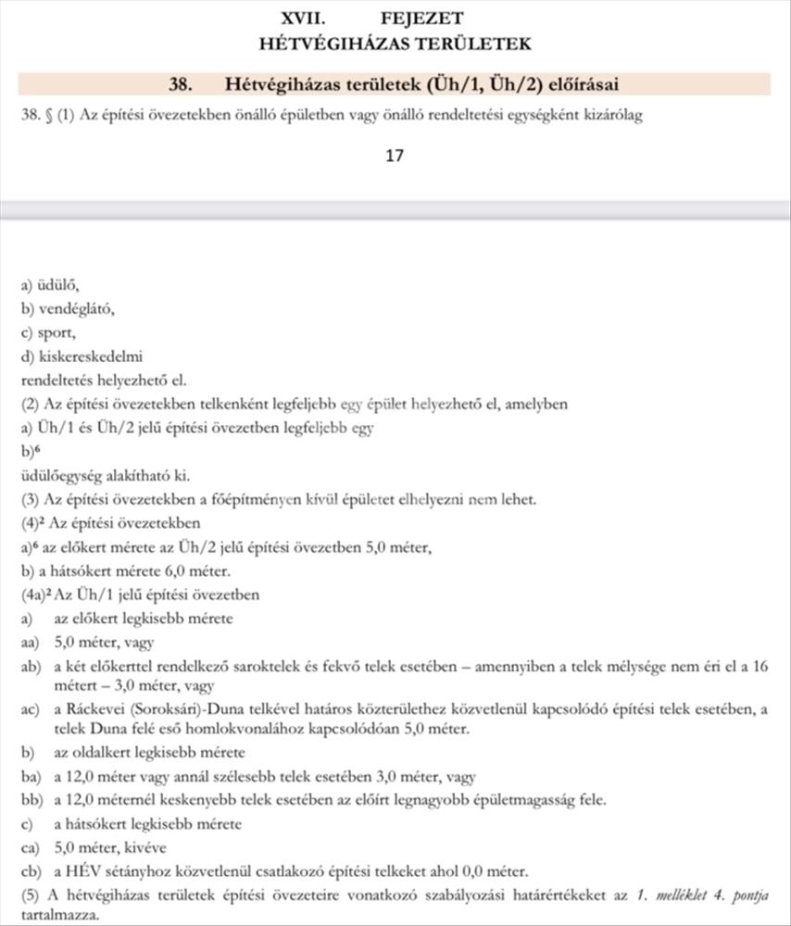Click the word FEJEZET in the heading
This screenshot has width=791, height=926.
(x=421, y=18)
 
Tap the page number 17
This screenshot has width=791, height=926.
(x=395, y=156)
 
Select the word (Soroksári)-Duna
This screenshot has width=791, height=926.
(x=185, y=709)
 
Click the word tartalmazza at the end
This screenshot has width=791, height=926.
(x=56, y=916)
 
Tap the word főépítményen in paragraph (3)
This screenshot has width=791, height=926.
(x=254, y=500)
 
